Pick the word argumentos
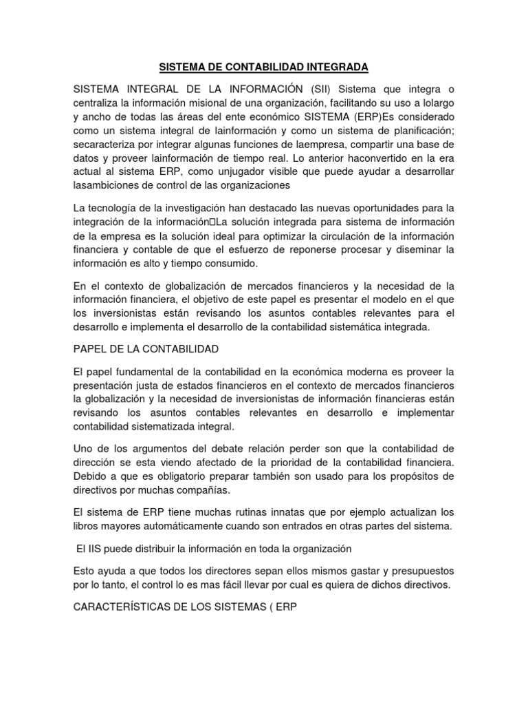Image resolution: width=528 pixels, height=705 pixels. pos(149,449)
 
